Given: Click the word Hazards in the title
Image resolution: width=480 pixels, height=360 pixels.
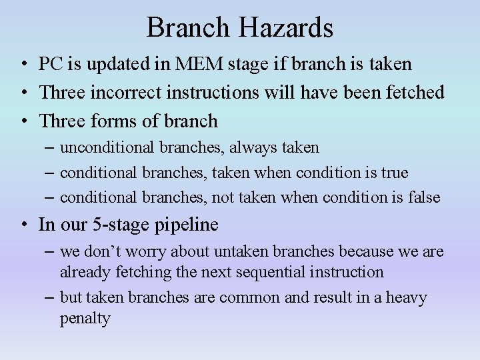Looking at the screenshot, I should coord(291,28).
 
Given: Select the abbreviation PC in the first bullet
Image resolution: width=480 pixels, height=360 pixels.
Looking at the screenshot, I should coord(50,64).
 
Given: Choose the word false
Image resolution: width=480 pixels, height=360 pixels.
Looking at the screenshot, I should coord(424,197).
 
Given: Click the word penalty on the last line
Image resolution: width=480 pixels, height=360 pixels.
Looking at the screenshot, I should coord(85,319).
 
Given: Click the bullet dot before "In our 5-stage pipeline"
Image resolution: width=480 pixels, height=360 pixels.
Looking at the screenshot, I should coord(23,225).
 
